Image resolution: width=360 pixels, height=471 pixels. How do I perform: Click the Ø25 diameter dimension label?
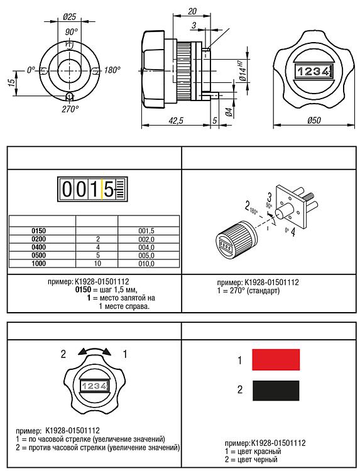pyautogui.click(x=70, y=17)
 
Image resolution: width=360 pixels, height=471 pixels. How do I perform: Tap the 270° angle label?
pyautogui.click(x=70, y=109)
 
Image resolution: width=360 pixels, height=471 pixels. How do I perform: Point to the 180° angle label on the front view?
pyautogui.click(x=112, y=70)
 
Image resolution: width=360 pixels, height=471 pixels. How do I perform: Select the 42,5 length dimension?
pyautogui.click(x=176, y=121)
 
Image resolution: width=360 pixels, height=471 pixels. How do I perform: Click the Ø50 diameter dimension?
pyautogui.click(x=314, y=121)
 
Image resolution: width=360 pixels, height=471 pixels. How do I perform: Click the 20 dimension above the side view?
pyautogui.click(x=192, y=11)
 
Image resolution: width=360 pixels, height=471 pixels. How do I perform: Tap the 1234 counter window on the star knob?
pyautogui.click(x=314, y=71)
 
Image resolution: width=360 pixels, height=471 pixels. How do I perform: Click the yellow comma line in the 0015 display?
pyautogui.click(x=102, y=189)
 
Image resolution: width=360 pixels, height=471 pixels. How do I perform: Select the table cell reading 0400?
pyautogui.click(x=39, y=247)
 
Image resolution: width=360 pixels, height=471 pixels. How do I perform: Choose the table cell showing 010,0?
pyautogui.click(x=146, y=263)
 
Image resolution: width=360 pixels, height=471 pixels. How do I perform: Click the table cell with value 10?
pyautogui.click(x=97, y=263)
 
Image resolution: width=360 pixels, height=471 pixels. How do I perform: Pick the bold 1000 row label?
pyautogui.click(x=39, y=263)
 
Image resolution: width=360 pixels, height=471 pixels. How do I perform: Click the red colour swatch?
pyautogui.click(x=276, y=360)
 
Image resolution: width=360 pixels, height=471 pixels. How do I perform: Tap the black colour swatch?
pyautogui.click(x=276, y=391)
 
